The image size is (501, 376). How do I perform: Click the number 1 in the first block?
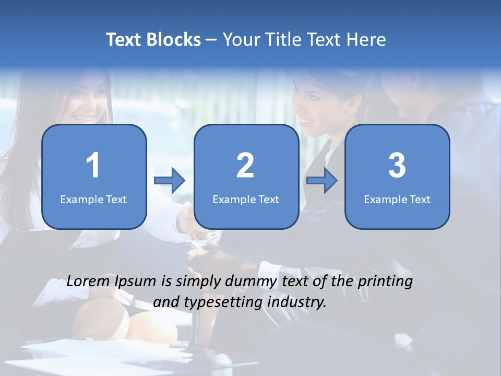[93, 166]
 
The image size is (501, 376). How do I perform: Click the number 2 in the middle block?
[245, 166]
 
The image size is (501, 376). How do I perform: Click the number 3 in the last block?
[397, 166]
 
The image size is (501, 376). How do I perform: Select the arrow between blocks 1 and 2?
[170, 181]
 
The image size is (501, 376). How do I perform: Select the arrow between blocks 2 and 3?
[321, 181]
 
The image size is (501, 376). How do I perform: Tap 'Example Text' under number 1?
[93, 199]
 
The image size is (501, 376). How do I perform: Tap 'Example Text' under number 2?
[246, 199]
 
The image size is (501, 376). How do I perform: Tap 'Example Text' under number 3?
[397, 199]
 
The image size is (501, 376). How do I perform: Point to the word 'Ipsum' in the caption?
[135, 281]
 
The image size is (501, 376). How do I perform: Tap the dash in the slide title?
[211, 40]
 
